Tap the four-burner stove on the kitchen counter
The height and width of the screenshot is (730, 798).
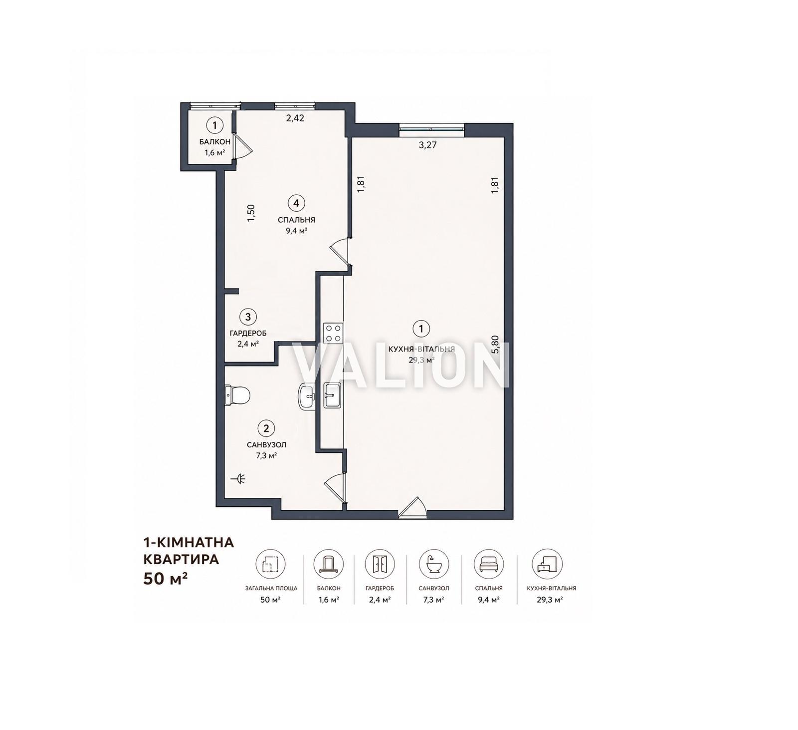[x=333, y=333]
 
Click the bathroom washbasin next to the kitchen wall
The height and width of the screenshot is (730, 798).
[x=307, y=397]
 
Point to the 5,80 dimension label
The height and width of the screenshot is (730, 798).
[x=495, y=345]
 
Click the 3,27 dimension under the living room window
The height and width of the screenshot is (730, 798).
[x=427, y=145]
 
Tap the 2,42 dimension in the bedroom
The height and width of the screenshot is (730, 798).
[x=295, y=118]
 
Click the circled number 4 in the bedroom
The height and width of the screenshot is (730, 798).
[x=296, y=203]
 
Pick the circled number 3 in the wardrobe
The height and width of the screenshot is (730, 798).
[x=248, y=317]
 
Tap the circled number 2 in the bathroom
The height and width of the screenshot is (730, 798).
[x=266, y=428]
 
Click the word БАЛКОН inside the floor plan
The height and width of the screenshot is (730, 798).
[x=215, y=142]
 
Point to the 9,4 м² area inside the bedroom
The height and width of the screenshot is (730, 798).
[x=296, y=231]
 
